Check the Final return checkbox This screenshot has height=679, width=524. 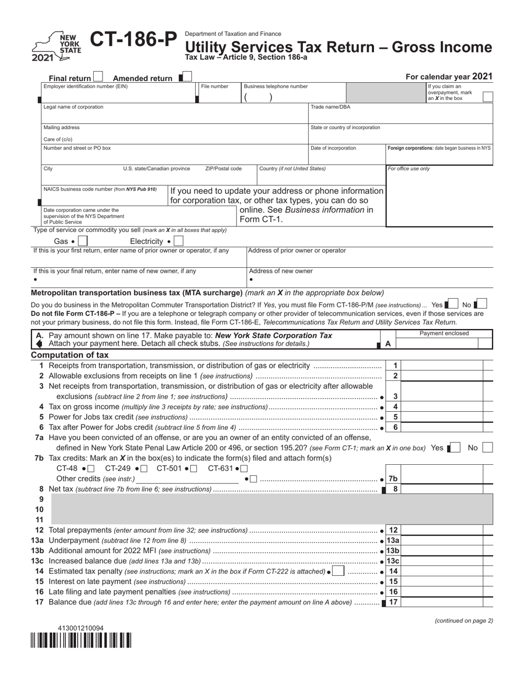click(98, 77)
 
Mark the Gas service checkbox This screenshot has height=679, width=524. click(83, 241)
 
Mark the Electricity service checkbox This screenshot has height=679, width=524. click(178, 241)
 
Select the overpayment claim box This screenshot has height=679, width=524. click(487, 97)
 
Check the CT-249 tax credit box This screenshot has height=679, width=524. click(145, 469)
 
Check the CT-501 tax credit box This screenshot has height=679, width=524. click(194, 469)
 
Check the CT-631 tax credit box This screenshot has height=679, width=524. click(244, 469)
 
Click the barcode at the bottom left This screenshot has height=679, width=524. click(81, 640)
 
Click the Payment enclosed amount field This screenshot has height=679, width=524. click(445, 343)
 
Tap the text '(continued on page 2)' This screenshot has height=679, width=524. click(464, 620)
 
